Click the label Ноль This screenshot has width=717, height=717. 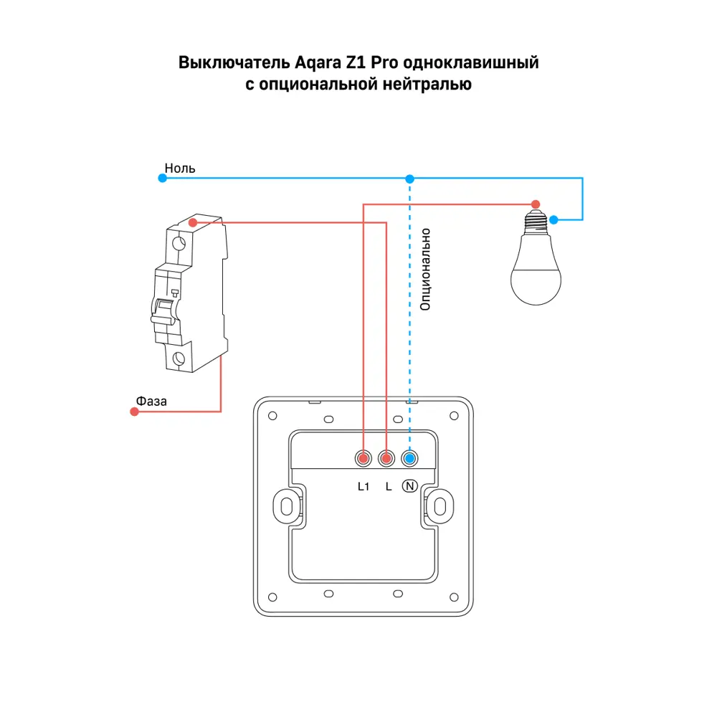click(180, 168)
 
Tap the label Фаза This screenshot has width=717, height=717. click(151, 402)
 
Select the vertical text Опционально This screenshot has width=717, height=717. click(425, 270)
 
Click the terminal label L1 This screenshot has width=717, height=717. click(364, 487)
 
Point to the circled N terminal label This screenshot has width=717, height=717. click(409, 486)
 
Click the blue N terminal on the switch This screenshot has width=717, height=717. click(409, 458)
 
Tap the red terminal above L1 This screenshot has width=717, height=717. click(364, 458)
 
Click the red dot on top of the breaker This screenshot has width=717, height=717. click(193, 223)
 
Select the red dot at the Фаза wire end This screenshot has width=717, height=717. click(135, 412)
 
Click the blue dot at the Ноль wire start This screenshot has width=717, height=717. click(162, 179)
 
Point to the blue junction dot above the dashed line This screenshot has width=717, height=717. click(409, 179)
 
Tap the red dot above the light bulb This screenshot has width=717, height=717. click(536, 204)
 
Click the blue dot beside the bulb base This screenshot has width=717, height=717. click(554, 220)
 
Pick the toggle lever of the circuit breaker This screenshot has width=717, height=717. click(163, 311)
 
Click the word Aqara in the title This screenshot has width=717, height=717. click(317, 62)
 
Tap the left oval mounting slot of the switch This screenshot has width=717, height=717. click(287, 507)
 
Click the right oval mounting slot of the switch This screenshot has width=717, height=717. click(440, 507)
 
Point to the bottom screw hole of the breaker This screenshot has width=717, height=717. click(179, 358)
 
